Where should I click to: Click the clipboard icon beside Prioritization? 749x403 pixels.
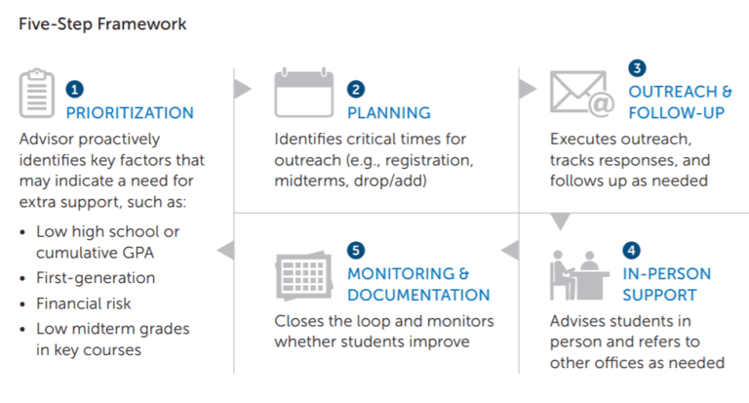click(37, 95)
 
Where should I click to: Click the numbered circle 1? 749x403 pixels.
click(74, 89)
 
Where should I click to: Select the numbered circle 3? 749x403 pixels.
click(637, 68)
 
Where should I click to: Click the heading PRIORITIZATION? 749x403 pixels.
click(130, 113)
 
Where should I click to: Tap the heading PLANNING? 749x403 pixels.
click(389, 113)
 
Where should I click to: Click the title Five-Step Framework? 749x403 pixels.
click(102, 22)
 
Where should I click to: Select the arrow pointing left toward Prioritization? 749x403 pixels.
click(225, 251)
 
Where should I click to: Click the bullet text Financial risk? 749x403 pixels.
click(83, 303)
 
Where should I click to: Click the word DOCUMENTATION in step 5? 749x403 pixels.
click(418, 295)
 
